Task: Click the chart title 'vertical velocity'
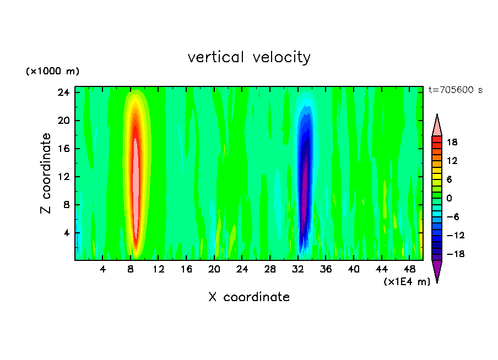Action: click(x=249, y=57)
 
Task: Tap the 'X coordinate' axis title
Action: click(x=249, y=297)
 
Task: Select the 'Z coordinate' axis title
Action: click(x=46, y=173)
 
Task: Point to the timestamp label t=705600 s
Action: click(x=455, y=90)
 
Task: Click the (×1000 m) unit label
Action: click(x=52, y=72)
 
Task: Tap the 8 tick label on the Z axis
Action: click(x=64, y=205)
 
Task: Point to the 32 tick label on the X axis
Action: click(x=298, y=270)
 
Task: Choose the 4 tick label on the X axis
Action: click(x=103, y=270)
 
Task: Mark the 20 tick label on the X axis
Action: click(x=214, y=270)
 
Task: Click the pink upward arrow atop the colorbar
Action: click(x=437, y=126)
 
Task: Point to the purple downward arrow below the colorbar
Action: click(x=437, y=270)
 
